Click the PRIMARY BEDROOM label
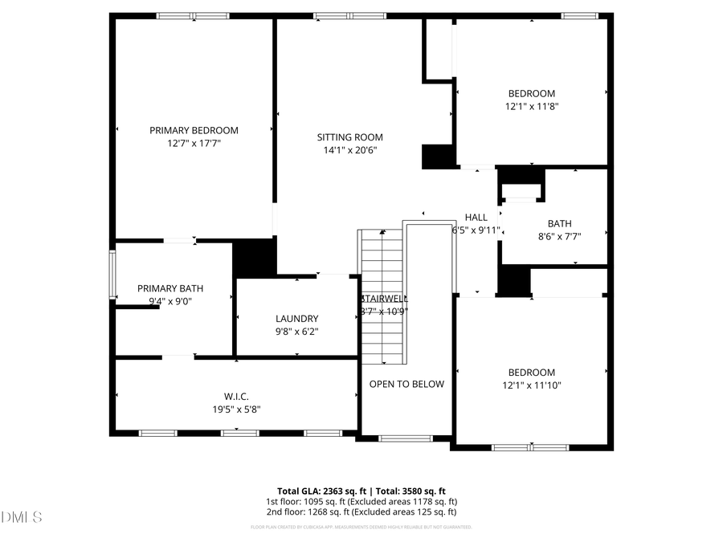(194, 130)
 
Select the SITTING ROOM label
(349, 137)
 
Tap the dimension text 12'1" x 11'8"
(531, 106)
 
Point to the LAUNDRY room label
(296, 318)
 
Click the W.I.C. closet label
(236, 396)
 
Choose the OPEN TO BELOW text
(406, 384)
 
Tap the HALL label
(476, 217)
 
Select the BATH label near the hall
(559, 224)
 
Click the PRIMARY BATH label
(170, 288)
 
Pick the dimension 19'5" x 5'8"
(236, 409)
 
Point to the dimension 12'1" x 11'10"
(531, 385)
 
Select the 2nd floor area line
(361, 511)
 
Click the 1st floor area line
(361, 501)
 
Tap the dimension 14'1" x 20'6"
(349, 149)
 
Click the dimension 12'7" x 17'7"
(194, 143)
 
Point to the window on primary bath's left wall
(112, 275)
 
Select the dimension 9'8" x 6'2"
(296, 331)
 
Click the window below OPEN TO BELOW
(406, 438)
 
